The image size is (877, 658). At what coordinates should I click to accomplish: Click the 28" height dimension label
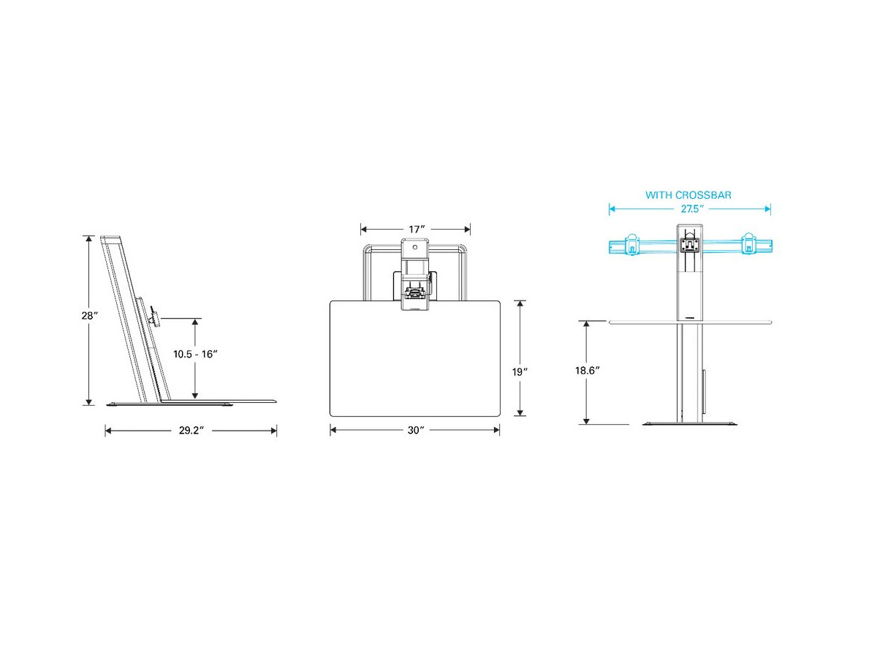pos(90,316)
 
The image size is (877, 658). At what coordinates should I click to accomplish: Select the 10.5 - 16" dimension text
pos(195,354)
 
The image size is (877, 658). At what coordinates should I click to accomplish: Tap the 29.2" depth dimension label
pos(191,431)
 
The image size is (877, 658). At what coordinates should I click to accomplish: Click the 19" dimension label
pos(519,372)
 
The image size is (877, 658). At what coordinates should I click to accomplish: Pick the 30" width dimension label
pos(416,431)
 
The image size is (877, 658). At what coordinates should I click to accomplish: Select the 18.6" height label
pos(587,371)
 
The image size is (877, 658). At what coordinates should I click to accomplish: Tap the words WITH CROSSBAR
pos(688,195)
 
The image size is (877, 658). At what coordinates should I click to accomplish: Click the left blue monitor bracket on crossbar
pos(631,245)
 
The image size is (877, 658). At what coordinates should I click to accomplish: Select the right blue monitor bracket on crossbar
pos(748,245)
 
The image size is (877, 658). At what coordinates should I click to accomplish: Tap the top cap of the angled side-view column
pos(112,238)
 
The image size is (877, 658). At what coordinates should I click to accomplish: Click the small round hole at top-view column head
pos(415,230)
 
